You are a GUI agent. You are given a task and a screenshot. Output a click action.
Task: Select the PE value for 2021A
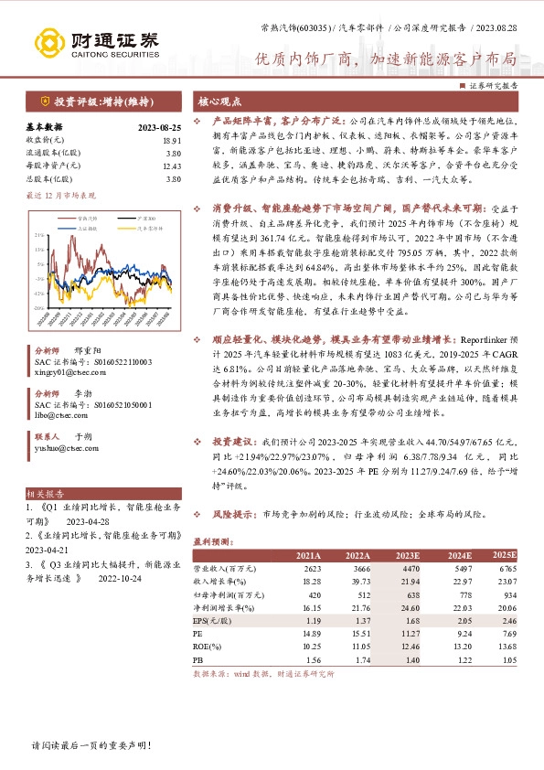[310, 632]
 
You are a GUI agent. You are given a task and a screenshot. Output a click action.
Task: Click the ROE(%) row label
[209, 646]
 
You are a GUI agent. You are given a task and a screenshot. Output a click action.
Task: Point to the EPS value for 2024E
[456, 619]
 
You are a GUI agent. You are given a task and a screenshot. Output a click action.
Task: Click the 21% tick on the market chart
[38, 235]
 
